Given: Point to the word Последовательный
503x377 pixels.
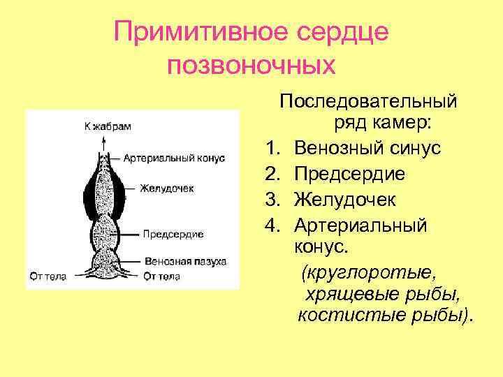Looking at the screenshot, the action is [368, 101].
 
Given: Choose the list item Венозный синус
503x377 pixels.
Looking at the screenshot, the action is [367, 149].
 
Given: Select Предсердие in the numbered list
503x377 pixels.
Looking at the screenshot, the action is [350, 174].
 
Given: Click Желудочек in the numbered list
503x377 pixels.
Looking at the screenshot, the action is [345, 200].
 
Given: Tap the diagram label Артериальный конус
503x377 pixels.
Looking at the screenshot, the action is [174, 158].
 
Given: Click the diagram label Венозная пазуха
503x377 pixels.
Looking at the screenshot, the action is [185, 261].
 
